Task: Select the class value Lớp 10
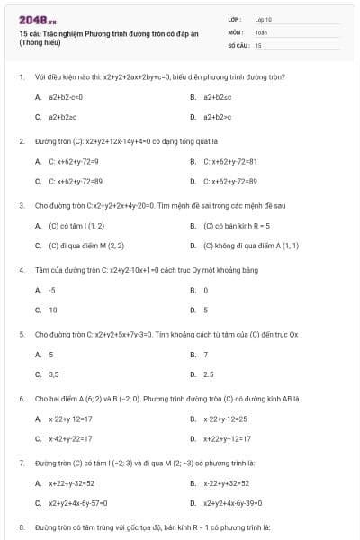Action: click(x=263, y=18)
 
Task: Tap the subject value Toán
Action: click(x=261, y=31)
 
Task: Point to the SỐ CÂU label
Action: click(x=237, y=44)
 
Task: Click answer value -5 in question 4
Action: click(x=52, y=291)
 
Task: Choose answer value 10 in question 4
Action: click(x=53, y=310)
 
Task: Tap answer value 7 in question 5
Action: click(x=205, y=355)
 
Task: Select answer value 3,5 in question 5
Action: click(x=54, y=373)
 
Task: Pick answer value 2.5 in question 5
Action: click(x=208, y=373)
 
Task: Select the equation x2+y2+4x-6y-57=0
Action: click(x=78, y=503)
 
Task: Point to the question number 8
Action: click(x=21, y=526)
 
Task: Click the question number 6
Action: click(x=21, y=397)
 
